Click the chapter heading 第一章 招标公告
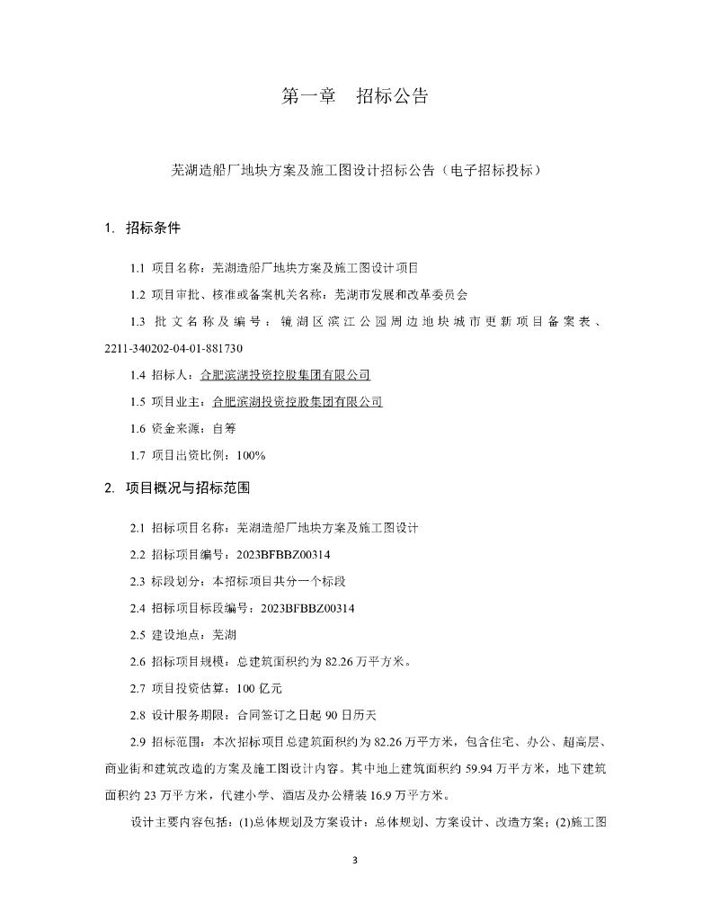(355, 96)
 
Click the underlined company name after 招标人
(285, 375)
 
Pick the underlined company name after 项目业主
(297, 402)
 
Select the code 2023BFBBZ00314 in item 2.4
(307, 608)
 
